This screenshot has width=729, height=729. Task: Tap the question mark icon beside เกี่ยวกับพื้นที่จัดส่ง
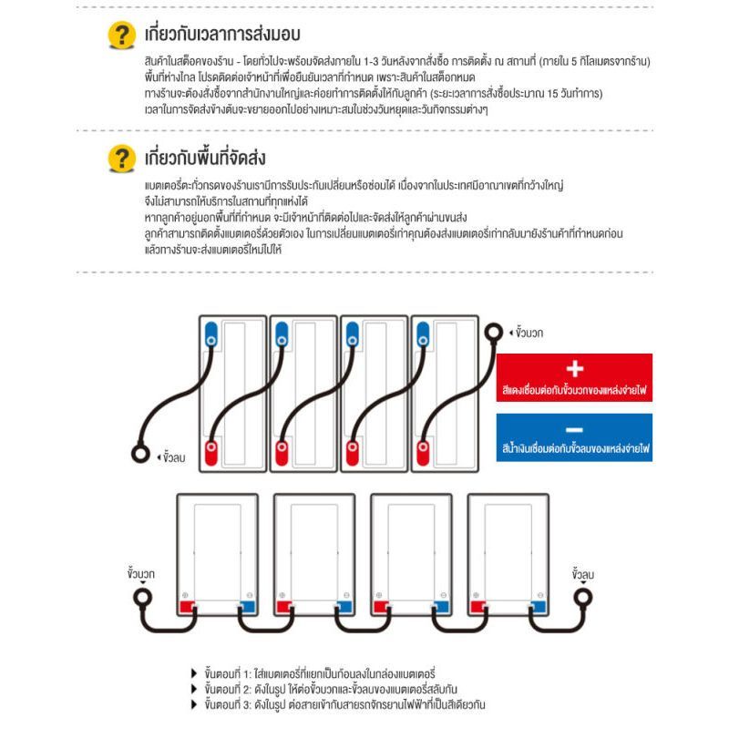point(118,159)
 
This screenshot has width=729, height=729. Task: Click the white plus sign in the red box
point(574,369)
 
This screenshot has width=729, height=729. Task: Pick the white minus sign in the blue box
point(574,429)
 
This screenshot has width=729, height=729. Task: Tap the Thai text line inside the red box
point(574,390)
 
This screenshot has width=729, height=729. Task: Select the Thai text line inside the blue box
point(574,449)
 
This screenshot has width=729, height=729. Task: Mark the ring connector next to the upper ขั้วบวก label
point(493,333)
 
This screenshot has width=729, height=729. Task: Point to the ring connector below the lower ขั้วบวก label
point(142,598)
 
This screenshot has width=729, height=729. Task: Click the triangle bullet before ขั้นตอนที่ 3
point(193,704)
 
